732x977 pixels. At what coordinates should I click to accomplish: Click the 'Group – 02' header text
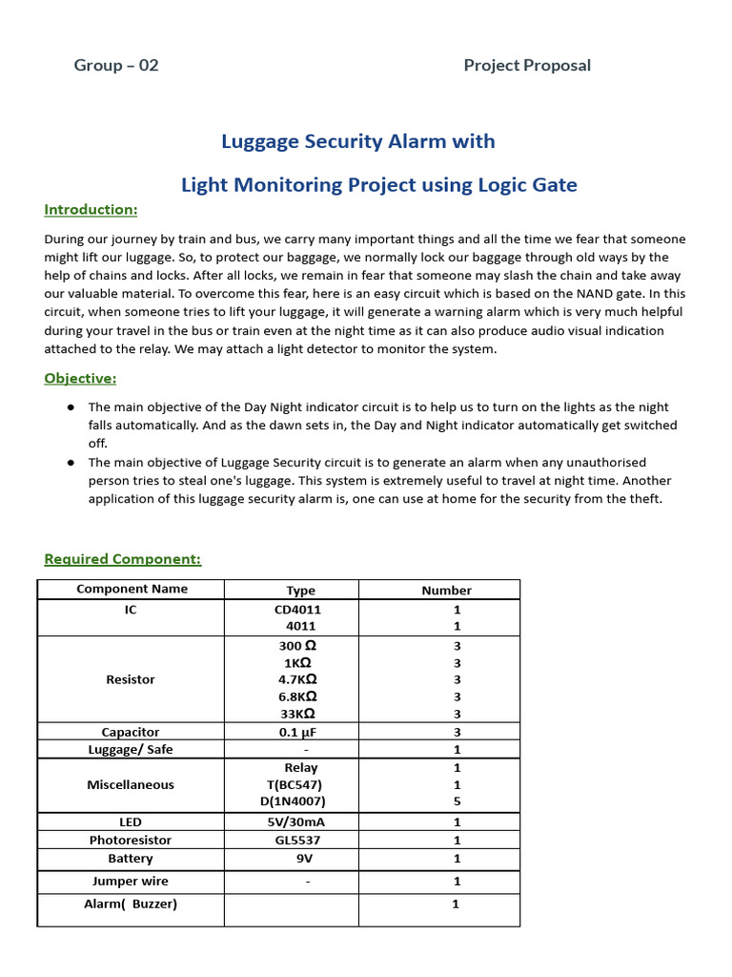(116, 66)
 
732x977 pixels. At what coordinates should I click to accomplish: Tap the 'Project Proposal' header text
(527, 66)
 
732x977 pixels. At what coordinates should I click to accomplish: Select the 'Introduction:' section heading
(91, 210)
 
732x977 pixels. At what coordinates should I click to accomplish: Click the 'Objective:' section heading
(80, 379)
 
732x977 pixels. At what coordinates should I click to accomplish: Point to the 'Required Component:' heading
(123, 559)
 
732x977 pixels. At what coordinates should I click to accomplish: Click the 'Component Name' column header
(132, 590)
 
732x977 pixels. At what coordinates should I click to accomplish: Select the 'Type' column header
(300, 591)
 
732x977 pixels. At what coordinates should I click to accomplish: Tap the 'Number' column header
(446, 591)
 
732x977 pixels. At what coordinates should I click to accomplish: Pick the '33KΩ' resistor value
(297, 714)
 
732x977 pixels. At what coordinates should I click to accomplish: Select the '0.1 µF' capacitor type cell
(297, 732)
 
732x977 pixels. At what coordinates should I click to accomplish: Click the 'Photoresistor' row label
(131, 841)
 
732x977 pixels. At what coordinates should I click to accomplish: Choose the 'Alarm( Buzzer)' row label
(131, 904)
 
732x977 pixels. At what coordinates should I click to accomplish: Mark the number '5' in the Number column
(457, 802)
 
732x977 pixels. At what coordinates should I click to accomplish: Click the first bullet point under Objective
(71, 407)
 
